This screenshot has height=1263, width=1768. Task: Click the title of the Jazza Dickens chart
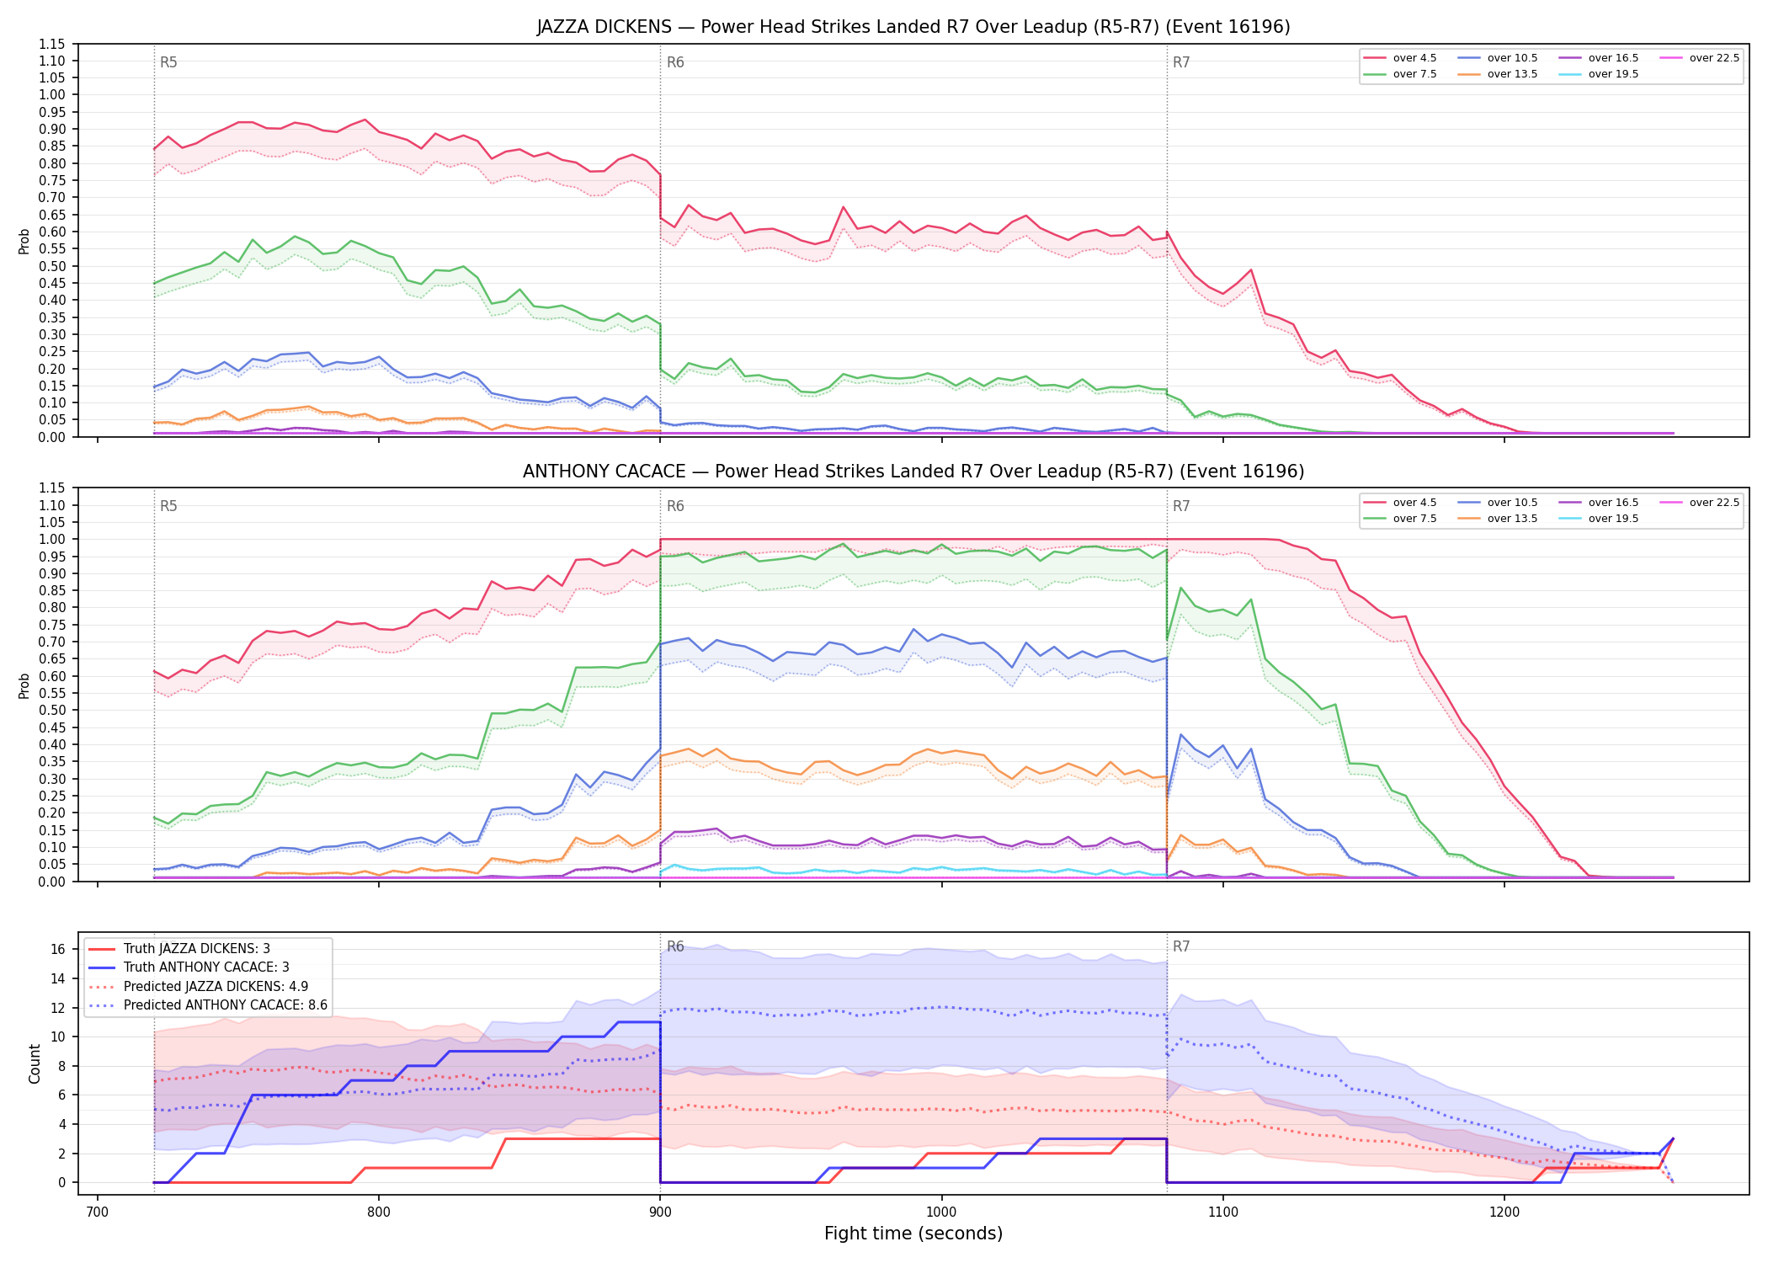tap(913, 27)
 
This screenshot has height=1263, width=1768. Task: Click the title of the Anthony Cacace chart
tap(913, 472)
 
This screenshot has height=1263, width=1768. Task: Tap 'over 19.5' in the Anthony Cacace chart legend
tap(1599, 519)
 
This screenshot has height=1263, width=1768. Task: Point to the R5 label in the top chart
tap(168, 62)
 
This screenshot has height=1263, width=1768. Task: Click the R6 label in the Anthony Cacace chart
tap(675, 506)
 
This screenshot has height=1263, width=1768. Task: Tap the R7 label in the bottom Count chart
tap(1181, 946)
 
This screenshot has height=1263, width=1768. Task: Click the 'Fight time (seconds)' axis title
tap(913, 1234)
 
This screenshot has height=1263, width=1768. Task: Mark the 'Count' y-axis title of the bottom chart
tap(35, 1063)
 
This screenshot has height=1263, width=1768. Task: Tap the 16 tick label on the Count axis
tap(58, 949)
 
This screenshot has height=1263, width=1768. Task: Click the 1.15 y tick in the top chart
tap(51, 44)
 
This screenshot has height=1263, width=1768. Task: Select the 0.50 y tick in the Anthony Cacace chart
tap(51, 710)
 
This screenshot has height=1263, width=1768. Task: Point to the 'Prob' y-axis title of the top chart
tap(24, 242)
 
